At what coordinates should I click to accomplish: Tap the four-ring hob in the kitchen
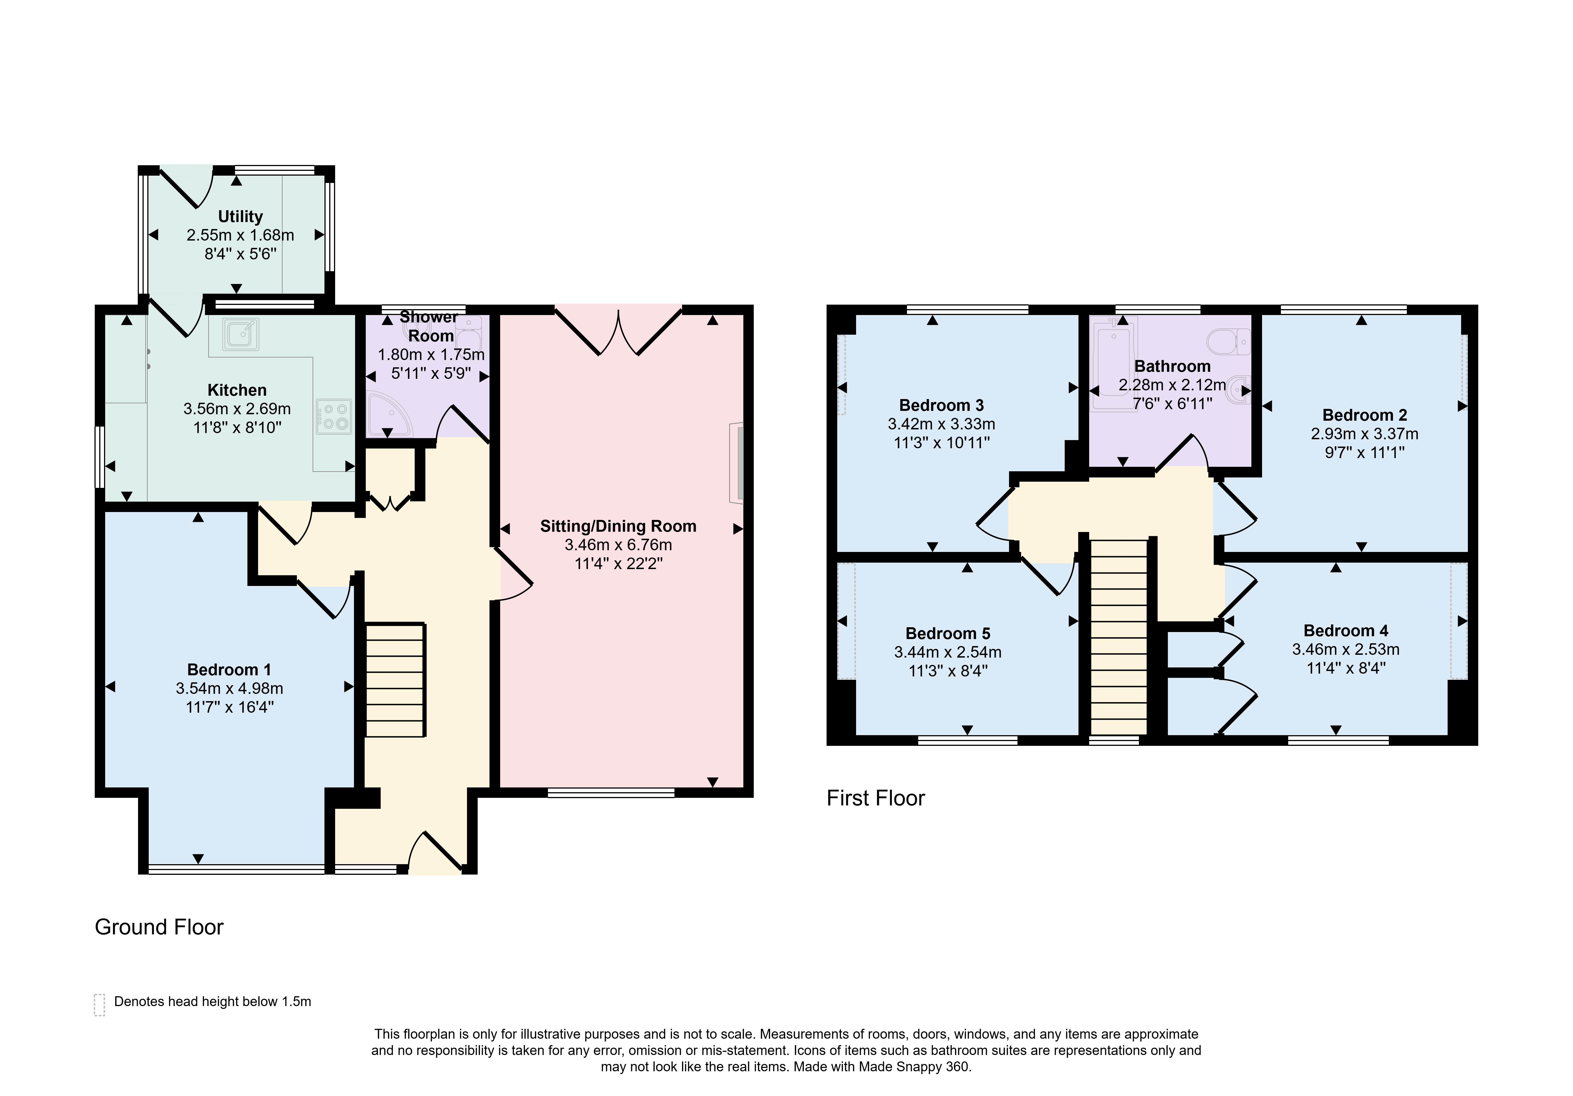click(334, 416)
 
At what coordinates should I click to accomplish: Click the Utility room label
click(240, 216)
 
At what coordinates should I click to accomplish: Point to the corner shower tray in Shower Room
click(389, 415)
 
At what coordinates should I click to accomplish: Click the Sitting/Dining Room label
click(618, 526)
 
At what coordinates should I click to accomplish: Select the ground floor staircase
click(395, 680)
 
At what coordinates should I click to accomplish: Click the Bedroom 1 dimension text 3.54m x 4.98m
click(229, 689)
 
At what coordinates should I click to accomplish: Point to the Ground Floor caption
click(159, 927)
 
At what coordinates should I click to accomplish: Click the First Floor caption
click(875, 798)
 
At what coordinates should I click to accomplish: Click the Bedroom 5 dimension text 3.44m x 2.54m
click(947, 652)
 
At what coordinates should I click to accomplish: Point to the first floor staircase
click(1118, 637)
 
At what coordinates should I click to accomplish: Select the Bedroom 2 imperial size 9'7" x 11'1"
click(1365, 452)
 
